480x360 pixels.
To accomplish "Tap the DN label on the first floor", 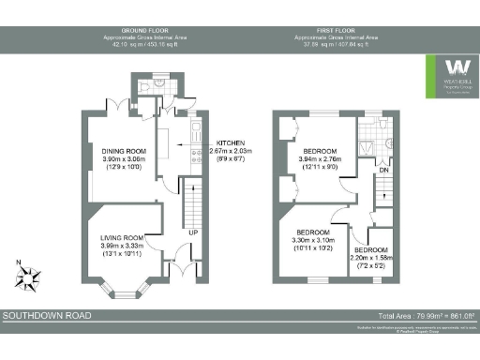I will (x=384, y=171).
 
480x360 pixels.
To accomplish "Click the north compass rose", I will (x=29, y=277).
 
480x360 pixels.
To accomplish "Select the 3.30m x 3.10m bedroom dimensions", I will (x=313, y=241).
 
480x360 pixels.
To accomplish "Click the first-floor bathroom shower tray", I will (x=386, y=142).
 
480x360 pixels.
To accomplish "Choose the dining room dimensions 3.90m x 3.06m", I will (x=124, y=160).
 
